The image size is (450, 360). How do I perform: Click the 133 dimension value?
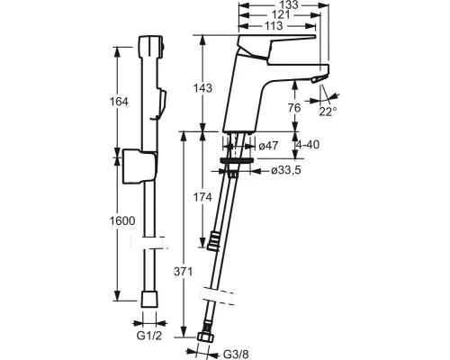click(x=290, y=4)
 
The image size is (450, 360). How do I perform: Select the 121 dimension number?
click(x=280, y=15)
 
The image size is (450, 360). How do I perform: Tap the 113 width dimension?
click(x=274, y=26)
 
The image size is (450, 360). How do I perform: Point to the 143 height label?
click(x=202, y=88)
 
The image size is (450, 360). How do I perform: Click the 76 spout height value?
click(x=294, y=108)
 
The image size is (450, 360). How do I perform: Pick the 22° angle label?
click(x=328, y=112)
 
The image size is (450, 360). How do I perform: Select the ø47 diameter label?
click(x=268, y=146)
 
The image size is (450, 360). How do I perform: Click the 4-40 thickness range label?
click(x=308, y=145)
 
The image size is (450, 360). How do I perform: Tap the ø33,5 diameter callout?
click(x=285, y=170)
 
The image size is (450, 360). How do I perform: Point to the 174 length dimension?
click(x=202, y=197)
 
